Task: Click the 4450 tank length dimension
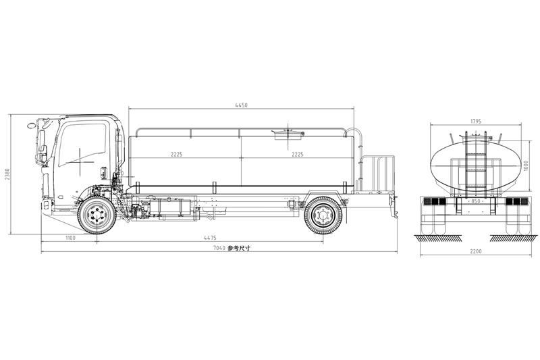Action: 241,105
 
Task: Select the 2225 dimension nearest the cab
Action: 176,155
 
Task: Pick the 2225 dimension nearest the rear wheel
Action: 296,155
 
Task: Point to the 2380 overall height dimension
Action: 7,174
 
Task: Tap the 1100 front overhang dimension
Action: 70,238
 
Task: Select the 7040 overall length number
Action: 218,249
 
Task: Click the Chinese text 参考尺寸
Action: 239,249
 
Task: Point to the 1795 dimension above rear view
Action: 476,122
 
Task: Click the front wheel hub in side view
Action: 97,215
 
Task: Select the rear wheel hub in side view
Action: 323,215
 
